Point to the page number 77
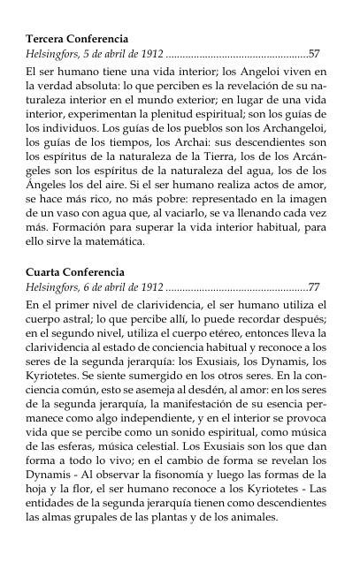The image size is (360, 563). [314, 288]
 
